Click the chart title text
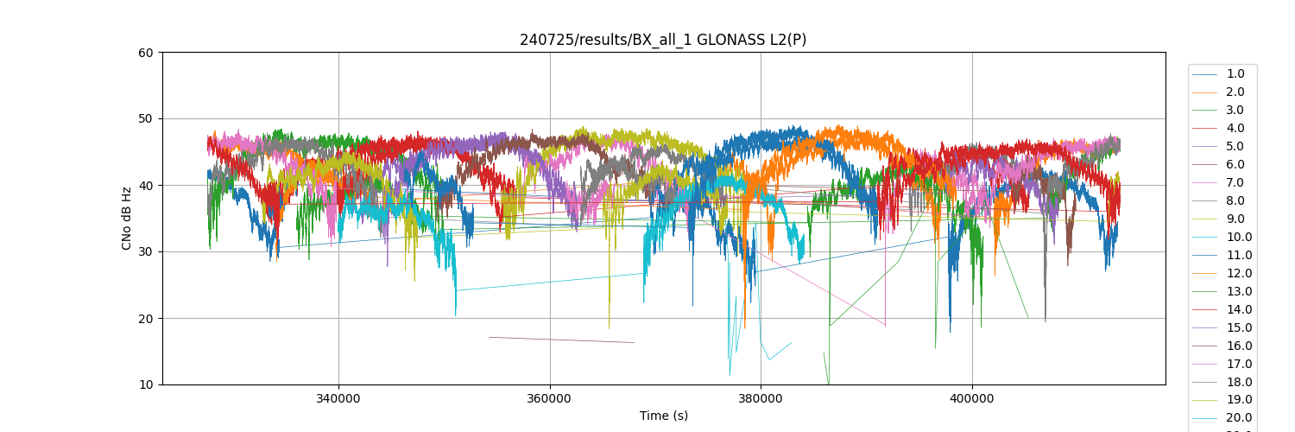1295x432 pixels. tap(663, 40)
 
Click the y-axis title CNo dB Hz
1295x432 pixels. tap(127, 219)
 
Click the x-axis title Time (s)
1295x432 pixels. tap(663, 416)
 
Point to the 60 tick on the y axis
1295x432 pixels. tap(145, 53)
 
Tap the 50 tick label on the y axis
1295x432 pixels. tap(145, 119)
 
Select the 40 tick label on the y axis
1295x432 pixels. tap(145, 186)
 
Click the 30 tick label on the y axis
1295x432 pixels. tap(145, 252)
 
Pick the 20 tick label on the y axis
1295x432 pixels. tap(145, 319)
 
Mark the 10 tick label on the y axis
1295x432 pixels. tap(145, 384)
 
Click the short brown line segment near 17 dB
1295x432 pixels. tap(561, 340)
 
